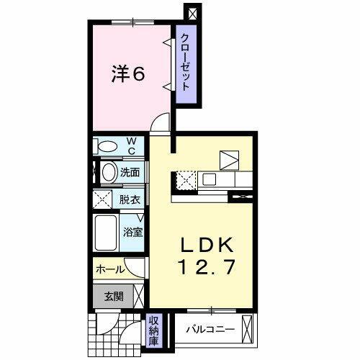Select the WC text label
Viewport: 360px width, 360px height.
(x=132, y=146)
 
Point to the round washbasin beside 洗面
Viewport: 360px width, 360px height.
(x=108, y=172)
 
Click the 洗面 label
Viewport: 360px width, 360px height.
(x=130, y=173)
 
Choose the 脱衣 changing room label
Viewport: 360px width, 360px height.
(x=130, y=199)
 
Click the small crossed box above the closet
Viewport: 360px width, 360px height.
(x=191, y=13)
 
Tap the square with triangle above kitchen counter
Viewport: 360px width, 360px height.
(x=229, y=158)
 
